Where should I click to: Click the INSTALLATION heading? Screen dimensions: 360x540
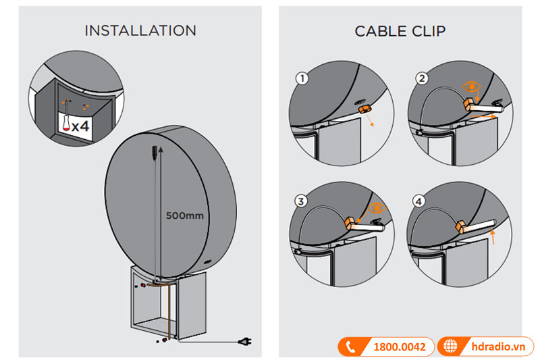(x=140, y=31)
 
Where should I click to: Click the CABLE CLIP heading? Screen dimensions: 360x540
(x=400, y=31)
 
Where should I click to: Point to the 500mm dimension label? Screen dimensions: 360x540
(x=184, y=217)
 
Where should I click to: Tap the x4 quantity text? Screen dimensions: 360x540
(x=81, y=126)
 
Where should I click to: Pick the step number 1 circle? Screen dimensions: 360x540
(x=302, y=79)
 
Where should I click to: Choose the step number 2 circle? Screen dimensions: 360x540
(x=422, y=79)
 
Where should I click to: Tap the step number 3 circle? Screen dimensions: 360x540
(x=302, y=201)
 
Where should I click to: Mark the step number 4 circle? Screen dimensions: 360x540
(x=422, y=201)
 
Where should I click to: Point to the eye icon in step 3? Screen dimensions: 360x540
(x=376, y=207)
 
